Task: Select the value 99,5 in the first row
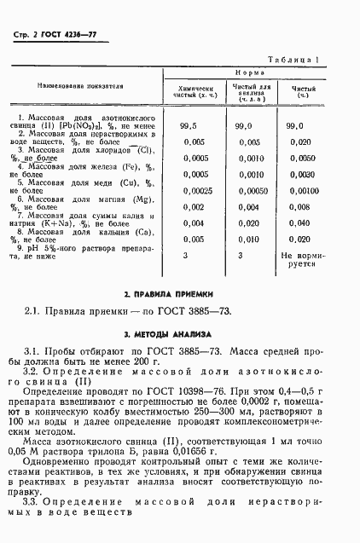pyautogui.click(x=189, y=125)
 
